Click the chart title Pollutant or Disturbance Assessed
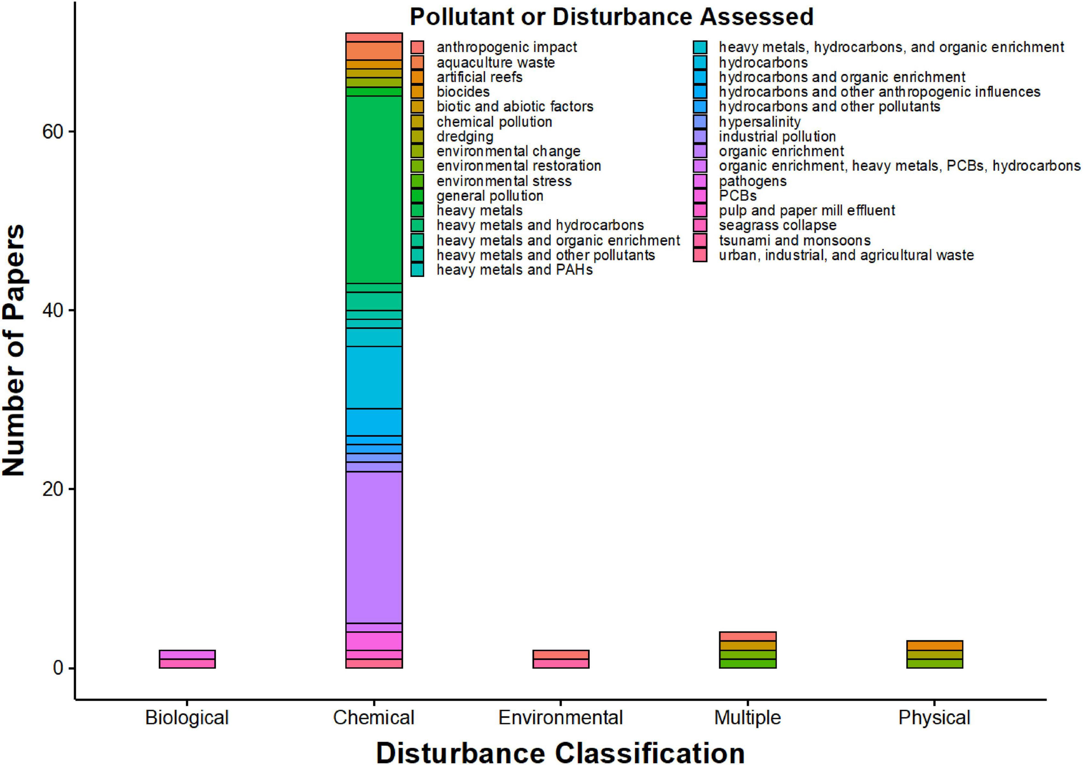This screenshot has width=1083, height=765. pos(611,17)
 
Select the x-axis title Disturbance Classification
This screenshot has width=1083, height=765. pos(561,751)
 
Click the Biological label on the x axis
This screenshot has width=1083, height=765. pos(187,717)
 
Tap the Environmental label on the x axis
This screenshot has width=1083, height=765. pos(561,717)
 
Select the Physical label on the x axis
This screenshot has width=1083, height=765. pos(934,717)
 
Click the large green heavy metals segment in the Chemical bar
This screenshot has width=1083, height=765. pos(373,190)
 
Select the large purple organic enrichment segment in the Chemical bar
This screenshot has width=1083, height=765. pos(373,547)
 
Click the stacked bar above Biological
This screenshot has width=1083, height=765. pos(187,659)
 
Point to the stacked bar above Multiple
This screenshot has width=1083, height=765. pos(747,650)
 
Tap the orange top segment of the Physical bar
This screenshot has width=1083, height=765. pos(934,645)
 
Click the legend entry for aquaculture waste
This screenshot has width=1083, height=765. pos(495,62)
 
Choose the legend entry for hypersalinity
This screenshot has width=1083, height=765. pos(759,122)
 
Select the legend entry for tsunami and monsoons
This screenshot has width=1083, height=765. pos(794,240)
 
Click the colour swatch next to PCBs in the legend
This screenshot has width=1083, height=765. pos(700,196)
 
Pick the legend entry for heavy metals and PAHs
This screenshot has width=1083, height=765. pos(514,270)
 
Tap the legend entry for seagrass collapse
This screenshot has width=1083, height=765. pos(777,225)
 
